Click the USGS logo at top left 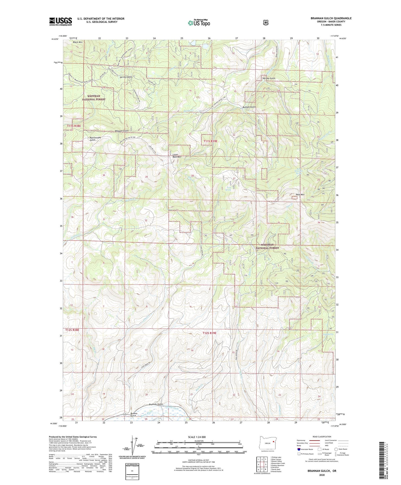[60, 21]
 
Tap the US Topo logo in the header [199, 23]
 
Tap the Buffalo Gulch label [249, 107]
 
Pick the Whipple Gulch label [122, 131]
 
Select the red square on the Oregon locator [273, 441]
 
